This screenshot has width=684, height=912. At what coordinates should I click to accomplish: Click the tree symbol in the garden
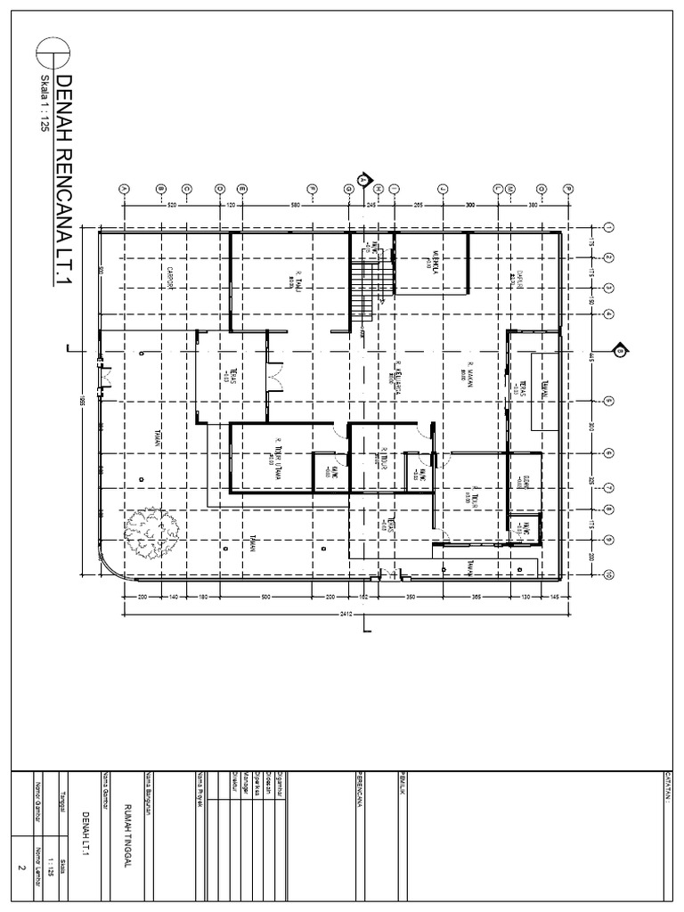pyautogui.click(x=142, y=529)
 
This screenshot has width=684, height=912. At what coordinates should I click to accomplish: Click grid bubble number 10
pyautogui.click(x=607, y=575)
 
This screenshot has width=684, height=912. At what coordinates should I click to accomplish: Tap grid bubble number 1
pyautogui.click(x=607, y=228)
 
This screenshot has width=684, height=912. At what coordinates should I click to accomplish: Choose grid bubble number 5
pyautogui.click(x=607, y=401)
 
